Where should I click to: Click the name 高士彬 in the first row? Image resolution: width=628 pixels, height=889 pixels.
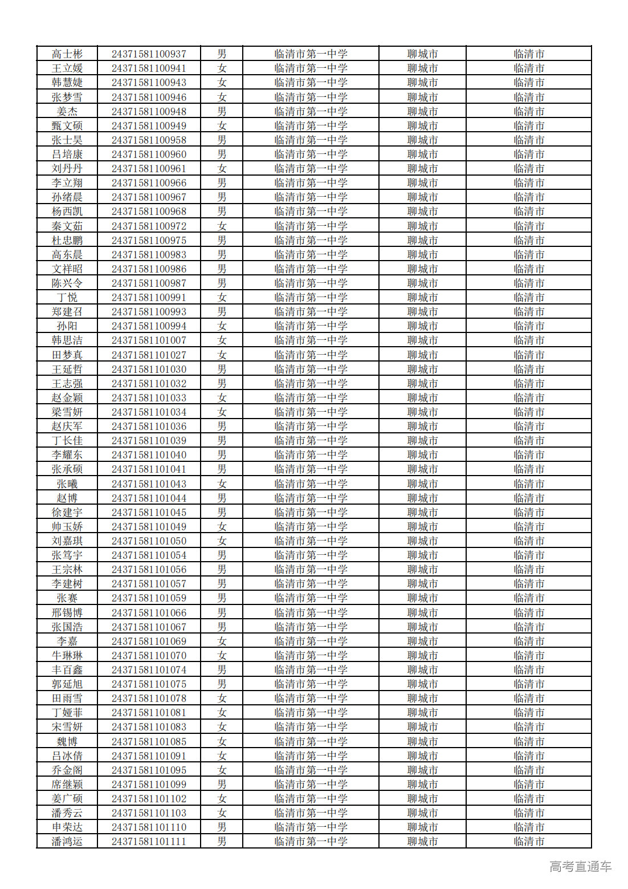(67, 54)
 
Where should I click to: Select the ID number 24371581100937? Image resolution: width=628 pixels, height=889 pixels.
(149, 54)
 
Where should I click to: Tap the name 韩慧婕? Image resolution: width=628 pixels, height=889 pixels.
(67, 83)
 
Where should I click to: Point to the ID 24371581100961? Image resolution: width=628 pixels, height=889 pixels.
(149, 169)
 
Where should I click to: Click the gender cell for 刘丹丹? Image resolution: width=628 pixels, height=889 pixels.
(222, 169)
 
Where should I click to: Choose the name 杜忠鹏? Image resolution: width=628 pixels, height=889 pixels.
(67, 241)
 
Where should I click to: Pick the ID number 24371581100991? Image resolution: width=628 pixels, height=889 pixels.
(149, 298)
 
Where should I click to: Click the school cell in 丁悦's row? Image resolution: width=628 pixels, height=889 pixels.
(311, 298)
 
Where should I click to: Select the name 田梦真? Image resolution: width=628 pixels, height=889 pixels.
(67, 355)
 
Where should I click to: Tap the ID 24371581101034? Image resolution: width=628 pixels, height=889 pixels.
(149, 412)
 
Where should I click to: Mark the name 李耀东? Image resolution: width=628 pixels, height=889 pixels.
(67, 455)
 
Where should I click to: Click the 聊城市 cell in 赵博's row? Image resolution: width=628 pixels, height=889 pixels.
(422, 498)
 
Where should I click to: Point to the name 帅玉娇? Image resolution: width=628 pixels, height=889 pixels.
(67, 527)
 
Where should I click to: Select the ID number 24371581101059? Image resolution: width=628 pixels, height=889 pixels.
(149, 598)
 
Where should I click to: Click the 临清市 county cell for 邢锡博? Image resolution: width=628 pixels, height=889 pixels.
(529, 613)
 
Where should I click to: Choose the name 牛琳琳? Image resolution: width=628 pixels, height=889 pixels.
(67, 656)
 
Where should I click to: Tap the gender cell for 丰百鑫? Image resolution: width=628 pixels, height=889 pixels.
(222, 670)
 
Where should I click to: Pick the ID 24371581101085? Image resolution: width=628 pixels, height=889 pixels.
(149, 742)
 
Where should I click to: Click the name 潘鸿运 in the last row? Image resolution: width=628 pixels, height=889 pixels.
(67, 842)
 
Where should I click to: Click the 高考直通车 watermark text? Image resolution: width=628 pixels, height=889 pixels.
(580, 867)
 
